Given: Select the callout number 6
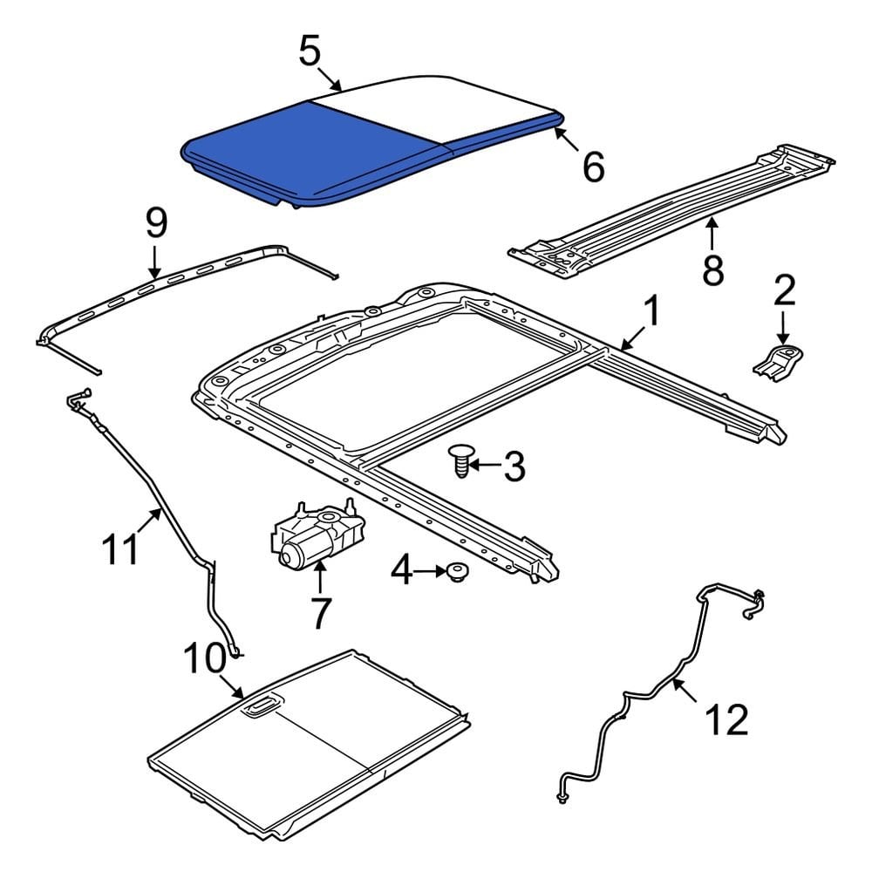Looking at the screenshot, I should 593,167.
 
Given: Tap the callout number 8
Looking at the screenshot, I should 713,269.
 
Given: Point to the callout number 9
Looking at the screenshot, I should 155,224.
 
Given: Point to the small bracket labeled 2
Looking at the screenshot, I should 778,360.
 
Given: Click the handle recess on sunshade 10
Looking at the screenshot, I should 258,707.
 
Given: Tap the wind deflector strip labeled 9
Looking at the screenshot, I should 192,275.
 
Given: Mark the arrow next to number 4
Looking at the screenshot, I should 429,572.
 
